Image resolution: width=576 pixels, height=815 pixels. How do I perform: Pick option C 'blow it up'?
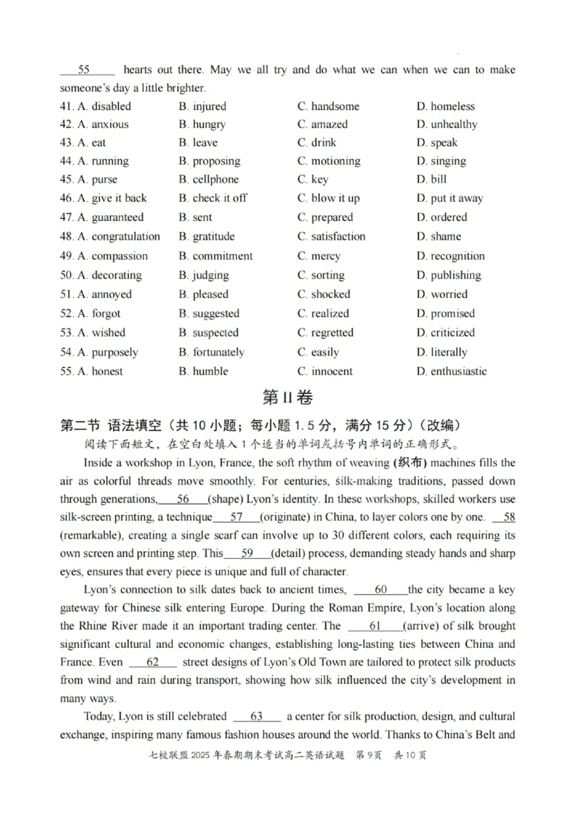328,198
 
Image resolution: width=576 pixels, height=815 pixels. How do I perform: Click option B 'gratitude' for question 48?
207,236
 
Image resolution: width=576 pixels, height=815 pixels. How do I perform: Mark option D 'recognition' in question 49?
451,256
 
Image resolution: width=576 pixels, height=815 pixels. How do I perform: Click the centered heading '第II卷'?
288,397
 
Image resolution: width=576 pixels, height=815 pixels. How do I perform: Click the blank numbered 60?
381,590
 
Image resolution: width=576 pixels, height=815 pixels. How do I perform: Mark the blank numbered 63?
257,716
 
